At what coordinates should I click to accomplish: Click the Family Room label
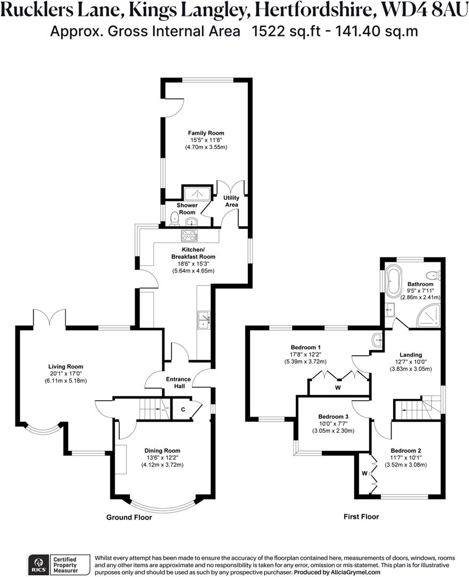click(x=206, y=133)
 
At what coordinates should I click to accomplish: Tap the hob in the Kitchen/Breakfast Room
click(x=190, y=235)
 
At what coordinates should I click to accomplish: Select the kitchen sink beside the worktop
click(x=204, y=319)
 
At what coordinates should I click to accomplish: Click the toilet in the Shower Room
click(x=174, y=217)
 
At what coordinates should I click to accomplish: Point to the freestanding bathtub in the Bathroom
click(x=394, y=281)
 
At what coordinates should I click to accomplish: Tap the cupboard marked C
click(x=183, y=410)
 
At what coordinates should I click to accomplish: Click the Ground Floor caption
click(x=129, y=517)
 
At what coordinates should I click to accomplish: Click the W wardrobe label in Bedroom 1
click(x=338, y=387)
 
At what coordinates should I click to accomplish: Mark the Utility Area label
click(x=231, y=201)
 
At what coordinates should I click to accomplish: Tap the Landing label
click(x=411, y=355)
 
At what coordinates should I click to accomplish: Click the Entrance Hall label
click(x=178, y=382)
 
